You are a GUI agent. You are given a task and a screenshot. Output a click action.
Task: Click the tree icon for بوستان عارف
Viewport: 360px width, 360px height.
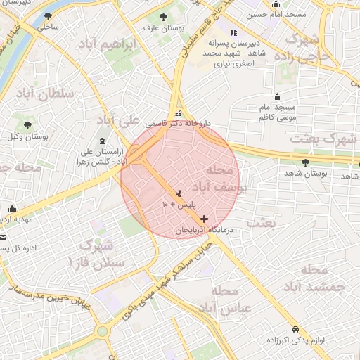tap(163, 16)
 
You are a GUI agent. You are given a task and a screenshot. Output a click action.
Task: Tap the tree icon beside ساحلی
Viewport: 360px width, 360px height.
tap(48, 15)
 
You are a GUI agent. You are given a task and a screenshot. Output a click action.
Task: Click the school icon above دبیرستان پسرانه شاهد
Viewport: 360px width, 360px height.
tap(233, 32)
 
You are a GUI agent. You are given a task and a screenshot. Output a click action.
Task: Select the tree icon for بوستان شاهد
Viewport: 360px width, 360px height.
tap(305, 162)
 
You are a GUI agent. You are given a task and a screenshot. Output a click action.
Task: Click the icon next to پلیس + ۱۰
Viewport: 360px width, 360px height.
tap(179, 193)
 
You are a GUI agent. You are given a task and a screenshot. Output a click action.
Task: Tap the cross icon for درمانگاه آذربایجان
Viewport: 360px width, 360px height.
tap(205, 219)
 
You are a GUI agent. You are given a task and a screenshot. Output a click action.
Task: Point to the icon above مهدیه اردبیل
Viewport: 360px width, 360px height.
tap(13, 209)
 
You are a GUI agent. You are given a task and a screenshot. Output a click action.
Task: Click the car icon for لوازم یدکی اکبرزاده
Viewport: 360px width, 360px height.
tap(295, 329)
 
